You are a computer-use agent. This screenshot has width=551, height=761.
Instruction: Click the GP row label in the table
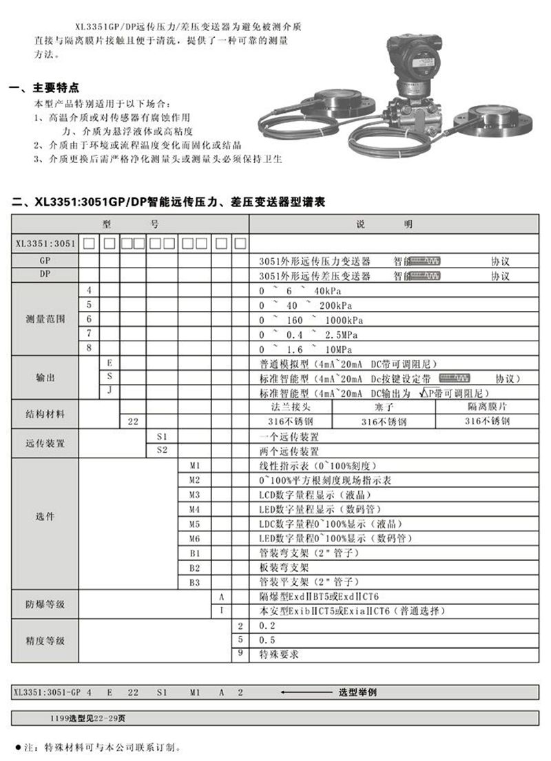[x=44, y=261]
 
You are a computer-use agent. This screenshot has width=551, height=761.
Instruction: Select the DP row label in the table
[x=44, y=275]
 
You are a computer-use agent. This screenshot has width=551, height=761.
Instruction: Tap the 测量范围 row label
[x=44, y=319]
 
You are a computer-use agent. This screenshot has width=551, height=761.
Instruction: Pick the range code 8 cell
[x=88, y=348]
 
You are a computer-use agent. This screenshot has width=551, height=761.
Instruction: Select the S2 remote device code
[x=162, y=451]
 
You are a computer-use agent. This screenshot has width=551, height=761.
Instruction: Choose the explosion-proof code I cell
[x=220, y=610]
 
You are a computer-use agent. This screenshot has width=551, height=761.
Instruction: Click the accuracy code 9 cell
[x=240, y=653]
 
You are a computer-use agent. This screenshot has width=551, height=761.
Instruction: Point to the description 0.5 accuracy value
[x=266, y=639]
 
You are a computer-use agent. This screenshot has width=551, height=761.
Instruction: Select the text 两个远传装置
[x=289, y=451]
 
